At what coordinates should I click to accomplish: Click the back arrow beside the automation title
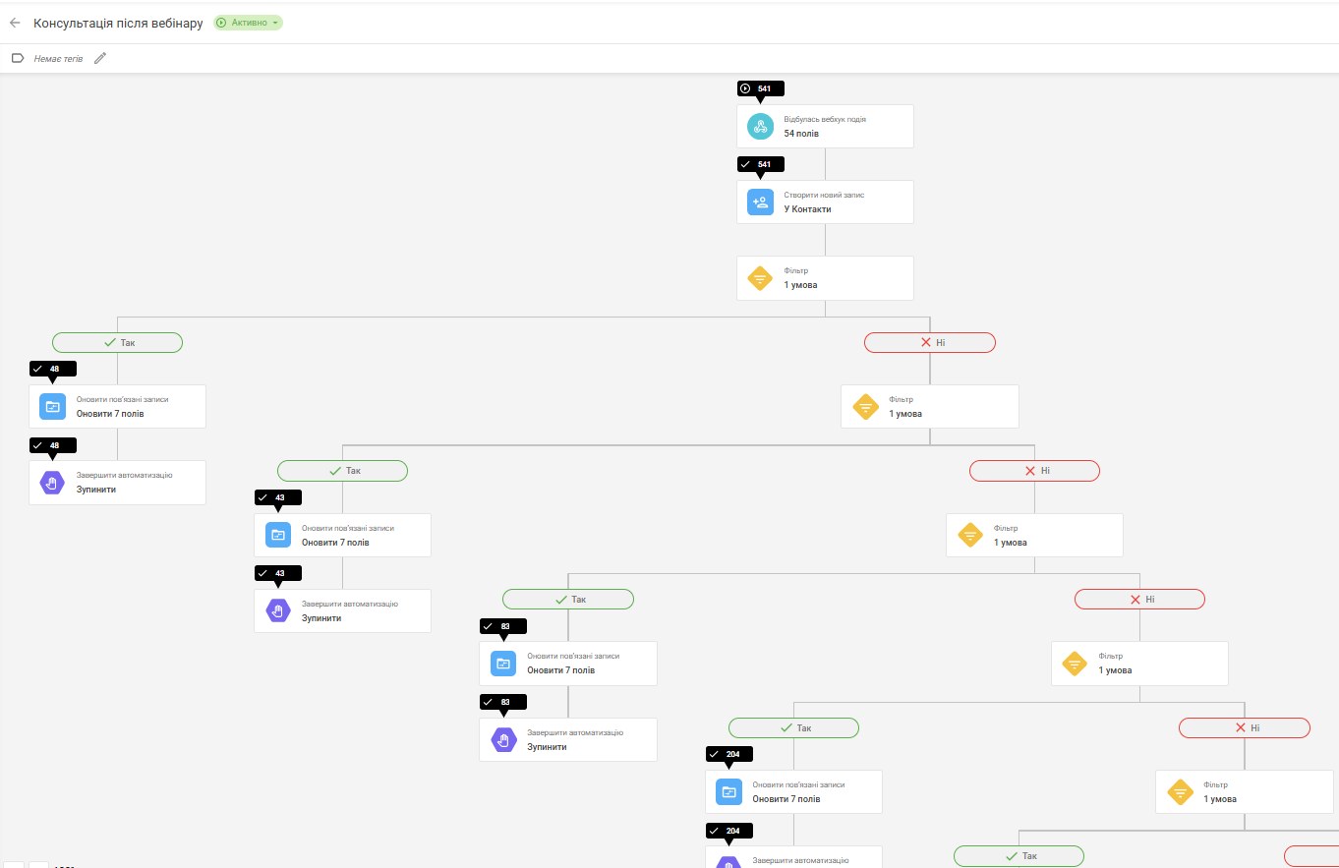15,23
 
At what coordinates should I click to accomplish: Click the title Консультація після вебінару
118,24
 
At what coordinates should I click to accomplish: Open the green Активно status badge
248,23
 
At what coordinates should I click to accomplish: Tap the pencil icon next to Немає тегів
100,58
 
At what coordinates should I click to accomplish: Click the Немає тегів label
58,59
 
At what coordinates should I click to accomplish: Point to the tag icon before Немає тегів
18,58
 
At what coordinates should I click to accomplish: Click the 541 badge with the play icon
760,88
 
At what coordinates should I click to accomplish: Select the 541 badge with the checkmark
760,164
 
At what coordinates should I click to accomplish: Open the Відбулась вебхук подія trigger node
825,126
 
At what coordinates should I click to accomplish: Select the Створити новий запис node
825,203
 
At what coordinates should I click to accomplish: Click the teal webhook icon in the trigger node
760,126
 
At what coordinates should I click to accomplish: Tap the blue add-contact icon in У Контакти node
760,203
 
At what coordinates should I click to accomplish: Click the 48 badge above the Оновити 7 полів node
53,369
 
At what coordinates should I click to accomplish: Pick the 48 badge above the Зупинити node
53,445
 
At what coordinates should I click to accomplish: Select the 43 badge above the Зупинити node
278,573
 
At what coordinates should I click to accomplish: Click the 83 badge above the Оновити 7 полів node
503,626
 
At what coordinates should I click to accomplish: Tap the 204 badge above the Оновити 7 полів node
728,754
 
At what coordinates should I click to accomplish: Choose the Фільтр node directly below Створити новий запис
825,278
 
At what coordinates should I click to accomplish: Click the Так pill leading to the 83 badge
568,599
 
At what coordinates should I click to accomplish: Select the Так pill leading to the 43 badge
342,471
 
